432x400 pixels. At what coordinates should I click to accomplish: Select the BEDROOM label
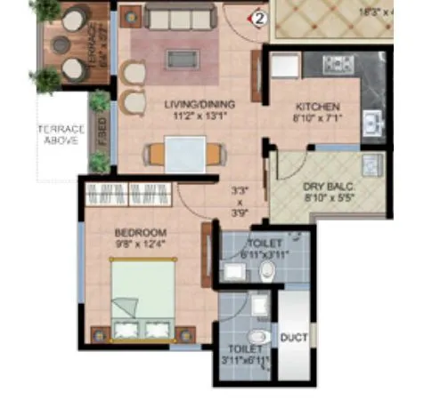(134, 232)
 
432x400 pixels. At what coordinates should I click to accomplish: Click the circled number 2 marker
(259, 15)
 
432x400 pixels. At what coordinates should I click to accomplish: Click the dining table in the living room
(185, 156)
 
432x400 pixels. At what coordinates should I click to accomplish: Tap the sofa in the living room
(182, 17)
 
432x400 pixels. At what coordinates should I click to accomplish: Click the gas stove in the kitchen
(338, 63)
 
